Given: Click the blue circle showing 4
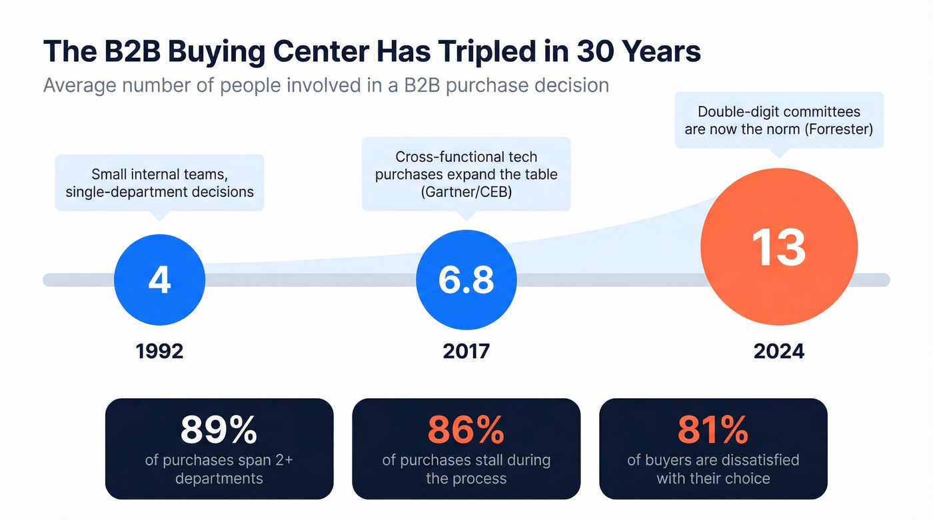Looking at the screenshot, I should pyautogui.click(x=159, y=280).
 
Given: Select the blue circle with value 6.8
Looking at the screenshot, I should pyautogui.click(x=466, y=280).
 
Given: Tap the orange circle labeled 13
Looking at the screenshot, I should pyautogui.click(x=779, y=248).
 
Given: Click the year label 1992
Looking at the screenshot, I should pyautogui.click(x=159, y=351).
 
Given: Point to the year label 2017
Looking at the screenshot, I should pyautogui.click(x=466, y=351).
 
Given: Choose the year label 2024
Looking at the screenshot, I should pyautogui.click(x=779, y=351).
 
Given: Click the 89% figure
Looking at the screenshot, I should pyautogui.click(x=219, y=430).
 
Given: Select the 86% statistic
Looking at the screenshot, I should pyautogui.click(x=466, y=430).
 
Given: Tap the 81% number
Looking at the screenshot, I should pyautogui.click(x=712, y=430).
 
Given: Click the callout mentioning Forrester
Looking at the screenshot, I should pyautogui.click(x=778, y=121).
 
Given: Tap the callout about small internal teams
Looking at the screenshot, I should pyautogui.click(x=159, y=182).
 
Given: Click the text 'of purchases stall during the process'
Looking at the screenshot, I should pyautogui.click(x=466, y=469).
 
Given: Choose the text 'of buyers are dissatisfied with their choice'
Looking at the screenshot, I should pyautogui.click(x=712, y=469).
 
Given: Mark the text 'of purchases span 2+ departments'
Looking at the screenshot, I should pyautogui.click(x=219, y=469).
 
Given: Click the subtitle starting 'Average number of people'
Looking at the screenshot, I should pyautogui.click(x=326, y=86).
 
